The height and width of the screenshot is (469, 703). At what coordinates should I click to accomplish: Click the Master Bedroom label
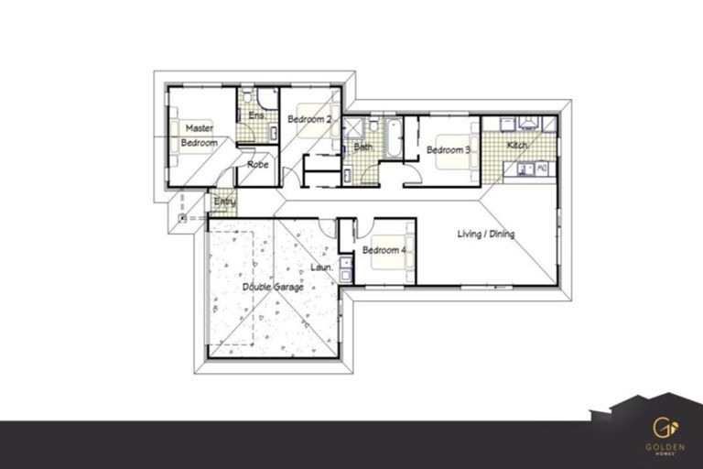click(x=199, y=136)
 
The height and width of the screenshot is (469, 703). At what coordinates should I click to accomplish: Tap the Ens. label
click(x=257, y=116)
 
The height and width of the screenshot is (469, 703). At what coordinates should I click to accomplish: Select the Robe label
click(x=257, y=165)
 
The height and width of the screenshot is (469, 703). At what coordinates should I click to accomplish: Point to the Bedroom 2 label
click(x=308, y=119)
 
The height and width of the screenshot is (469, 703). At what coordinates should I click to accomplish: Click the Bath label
click(x=363, y=147)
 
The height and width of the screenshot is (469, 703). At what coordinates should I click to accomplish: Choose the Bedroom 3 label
click(x=449, y=149)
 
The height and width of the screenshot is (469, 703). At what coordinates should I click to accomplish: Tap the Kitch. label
click(x=517, y=146)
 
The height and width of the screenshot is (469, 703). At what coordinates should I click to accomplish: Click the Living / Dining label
click(x=486, y=234)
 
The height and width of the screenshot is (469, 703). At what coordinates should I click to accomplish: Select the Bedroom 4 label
click(x=384, y=250)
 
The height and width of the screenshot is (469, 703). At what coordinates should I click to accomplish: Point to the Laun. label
click(x=320, y=267)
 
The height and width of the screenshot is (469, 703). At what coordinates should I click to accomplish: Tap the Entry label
click(x=224, y=202)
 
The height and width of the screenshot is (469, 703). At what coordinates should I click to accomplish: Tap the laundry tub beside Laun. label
click(x=345, y=267)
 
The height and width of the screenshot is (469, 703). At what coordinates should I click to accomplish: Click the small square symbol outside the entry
click(x=184, y=218)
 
